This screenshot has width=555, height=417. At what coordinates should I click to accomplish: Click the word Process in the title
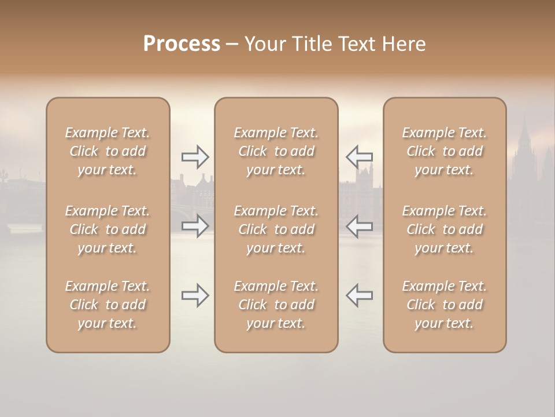coord(182,44)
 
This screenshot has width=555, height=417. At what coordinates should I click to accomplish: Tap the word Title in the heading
coord(313,44)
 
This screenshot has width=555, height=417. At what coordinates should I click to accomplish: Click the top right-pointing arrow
coord(195,156)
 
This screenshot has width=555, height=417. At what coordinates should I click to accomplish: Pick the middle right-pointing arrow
coord(195,226)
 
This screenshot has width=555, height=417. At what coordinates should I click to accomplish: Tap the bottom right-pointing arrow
coord(195,295)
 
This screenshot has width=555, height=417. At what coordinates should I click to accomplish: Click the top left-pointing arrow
coord(359,156)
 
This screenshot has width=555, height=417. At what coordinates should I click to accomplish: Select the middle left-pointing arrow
coord(359,226)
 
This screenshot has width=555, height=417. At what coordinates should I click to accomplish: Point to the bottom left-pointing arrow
coord(359,295)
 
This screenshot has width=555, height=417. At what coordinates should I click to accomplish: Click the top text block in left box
coord(108,151)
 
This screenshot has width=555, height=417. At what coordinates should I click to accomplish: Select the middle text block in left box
coord(108,229)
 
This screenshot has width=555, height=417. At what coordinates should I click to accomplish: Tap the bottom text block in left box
coord(108,305)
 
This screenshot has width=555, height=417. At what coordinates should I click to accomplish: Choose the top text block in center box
coord(276,151)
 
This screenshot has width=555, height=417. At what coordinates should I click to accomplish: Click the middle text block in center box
coord(276,229)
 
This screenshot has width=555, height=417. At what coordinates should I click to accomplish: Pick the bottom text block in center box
coord(276,305)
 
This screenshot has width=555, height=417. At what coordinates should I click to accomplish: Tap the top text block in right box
coord(444,151)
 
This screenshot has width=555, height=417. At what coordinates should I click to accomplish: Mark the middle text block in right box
coord(444,229)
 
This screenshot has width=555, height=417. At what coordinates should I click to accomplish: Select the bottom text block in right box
coord(444,305)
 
